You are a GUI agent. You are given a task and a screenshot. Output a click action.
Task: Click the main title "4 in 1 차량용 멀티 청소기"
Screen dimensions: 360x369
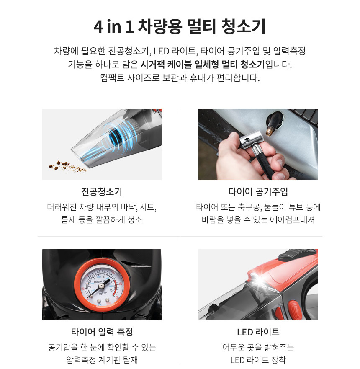(x=180, y=26)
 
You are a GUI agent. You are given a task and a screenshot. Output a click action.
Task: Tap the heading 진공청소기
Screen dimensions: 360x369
(x=102, y=191)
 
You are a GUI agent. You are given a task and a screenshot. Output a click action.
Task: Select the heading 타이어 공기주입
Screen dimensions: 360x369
(x=258, y=191)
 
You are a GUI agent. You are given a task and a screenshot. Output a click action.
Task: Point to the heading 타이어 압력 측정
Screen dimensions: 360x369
(x=102, y=332)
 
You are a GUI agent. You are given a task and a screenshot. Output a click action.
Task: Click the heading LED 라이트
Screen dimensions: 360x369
(x=258, y=332)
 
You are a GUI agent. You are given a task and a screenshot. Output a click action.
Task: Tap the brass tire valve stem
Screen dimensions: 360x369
(x=270, y=130)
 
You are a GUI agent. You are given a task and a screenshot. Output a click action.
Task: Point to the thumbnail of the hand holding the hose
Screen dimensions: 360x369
(x=258, y=144)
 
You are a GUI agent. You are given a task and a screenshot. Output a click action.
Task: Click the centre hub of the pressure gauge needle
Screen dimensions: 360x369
(x=101, y=286)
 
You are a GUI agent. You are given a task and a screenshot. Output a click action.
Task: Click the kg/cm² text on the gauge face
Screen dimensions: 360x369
(x=103, y=293)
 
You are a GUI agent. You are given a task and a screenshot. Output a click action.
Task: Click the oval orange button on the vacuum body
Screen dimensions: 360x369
(x=293, y=309)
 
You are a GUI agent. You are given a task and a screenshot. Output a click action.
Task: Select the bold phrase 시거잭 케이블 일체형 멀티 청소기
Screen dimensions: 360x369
(x=203, y=64)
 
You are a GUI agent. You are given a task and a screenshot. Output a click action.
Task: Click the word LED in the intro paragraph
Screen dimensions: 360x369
(x=161, y=51)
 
